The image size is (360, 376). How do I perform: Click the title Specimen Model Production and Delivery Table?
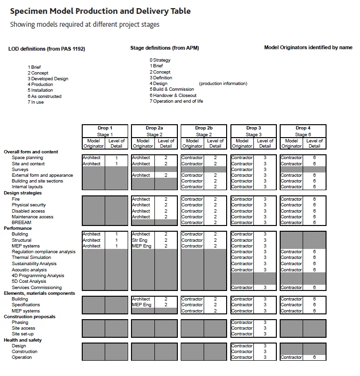coord(100,11)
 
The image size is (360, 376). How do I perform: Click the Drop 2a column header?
coord(154,128)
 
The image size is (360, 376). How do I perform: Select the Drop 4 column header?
coord(303,128)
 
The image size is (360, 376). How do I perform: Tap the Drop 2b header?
coord(204,128)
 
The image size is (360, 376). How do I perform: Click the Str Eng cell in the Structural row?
coord(140,240)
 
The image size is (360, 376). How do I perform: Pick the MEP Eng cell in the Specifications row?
coord(142,305)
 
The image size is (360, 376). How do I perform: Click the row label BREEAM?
coord(22,223)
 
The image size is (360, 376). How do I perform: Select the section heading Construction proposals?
coord(30,317)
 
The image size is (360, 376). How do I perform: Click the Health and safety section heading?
coord(23,340)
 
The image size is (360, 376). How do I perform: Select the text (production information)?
coord(223,84)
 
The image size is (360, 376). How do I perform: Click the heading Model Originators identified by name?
coord(308,48)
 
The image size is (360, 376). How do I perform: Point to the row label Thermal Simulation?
coord(32,258)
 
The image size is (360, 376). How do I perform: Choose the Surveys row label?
coord(20,170)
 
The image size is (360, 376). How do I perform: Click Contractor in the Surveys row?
coord(242,170)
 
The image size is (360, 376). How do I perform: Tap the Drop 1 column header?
coord(105,128)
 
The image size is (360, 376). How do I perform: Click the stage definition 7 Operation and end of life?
coord(176,101)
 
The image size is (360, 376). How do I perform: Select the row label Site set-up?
coord(23,334)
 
